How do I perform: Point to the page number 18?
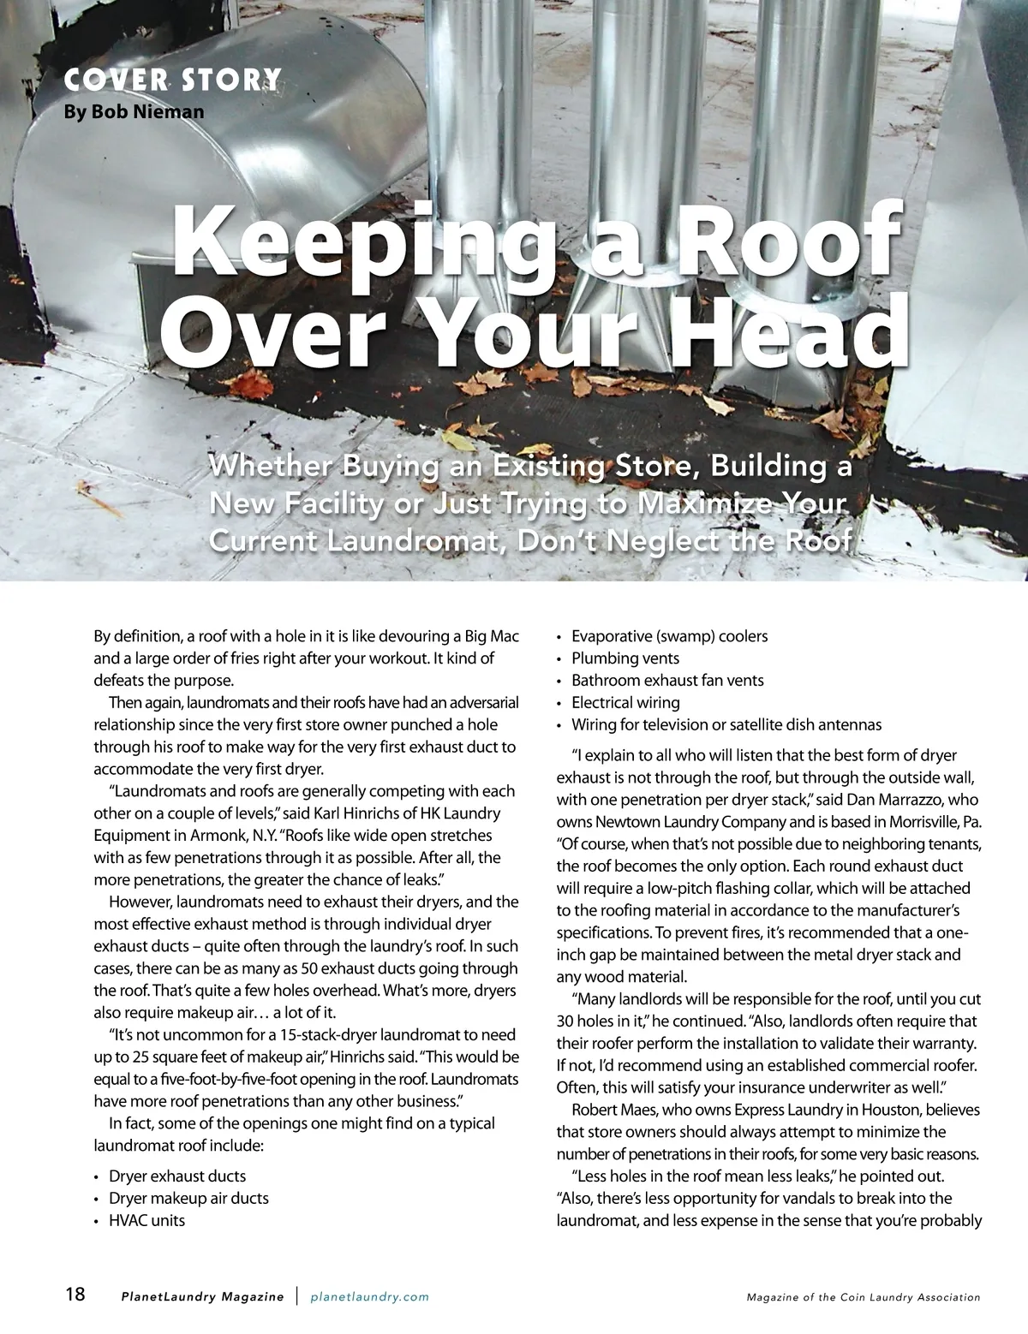[x=75, y=1294]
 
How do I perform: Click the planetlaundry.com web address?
[x=369, y=1297]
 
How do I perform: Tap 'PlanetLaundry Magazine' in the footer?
[x=202, y=1297]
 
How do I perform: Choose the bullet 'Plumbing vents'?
[x=625, y=658]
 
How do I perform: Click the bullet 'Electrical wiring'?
[x=625, y=703]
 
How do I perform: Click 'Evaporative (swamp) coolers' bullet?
[x=669, y=636]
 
